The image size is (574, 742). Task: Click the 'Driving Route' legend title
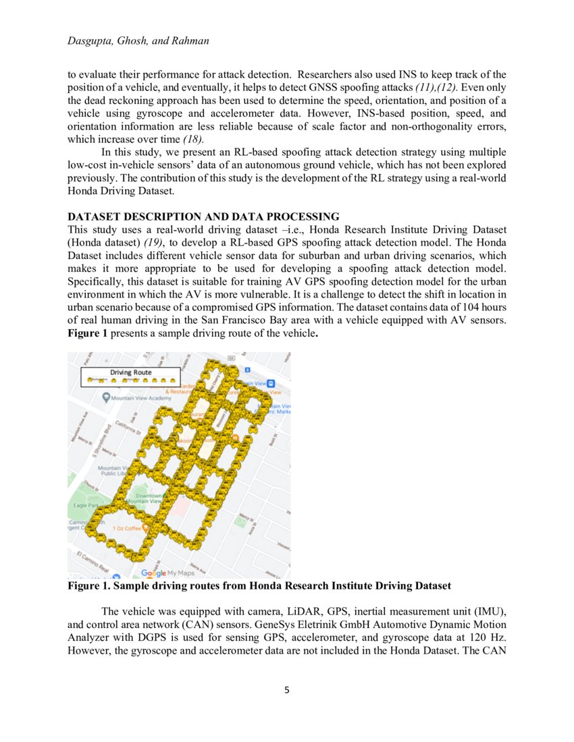(131, 372)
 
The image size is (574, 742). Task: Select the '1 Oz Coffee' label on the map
(127, 528)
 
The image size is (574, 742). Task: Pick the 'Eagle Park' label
(85, 505)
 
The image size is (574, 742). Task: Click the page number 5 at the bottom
(287, 690)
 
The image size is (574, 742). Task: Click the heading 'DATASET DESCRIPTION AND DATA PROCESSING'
(203, 217)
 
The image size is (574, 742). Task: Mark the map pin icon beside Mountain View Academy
(106, 398)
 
